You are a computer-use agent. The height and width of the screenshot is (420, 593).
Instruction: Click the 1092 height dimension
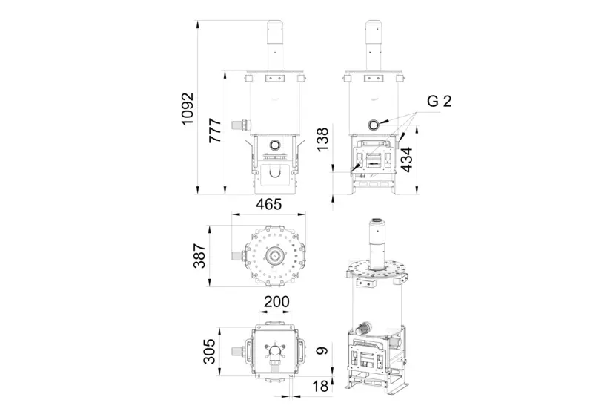188,108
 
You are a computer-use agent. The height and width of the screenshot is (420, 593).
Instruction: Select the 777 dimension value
215,131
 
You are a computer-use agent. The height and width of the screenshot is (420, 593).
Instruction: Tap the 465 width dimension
269,205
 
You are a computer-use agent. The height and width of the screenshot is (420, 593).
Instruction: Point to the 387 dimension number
199,256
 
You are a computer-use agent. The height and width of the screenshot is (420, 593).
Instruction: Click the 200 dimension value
276,302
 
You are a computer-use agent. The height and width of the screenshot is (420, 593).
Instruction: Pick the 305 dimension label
209,351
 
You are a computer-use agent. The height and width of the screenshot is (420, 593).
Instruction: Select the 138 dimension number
322,140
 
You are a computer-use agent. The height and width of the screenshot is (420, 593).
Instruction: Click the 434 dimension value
406,160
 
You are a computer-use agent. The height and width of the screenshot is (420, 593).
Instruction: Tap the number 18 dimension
320,387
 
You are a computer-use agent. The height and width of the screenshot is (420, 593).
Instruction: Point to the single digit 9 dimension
322,351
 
